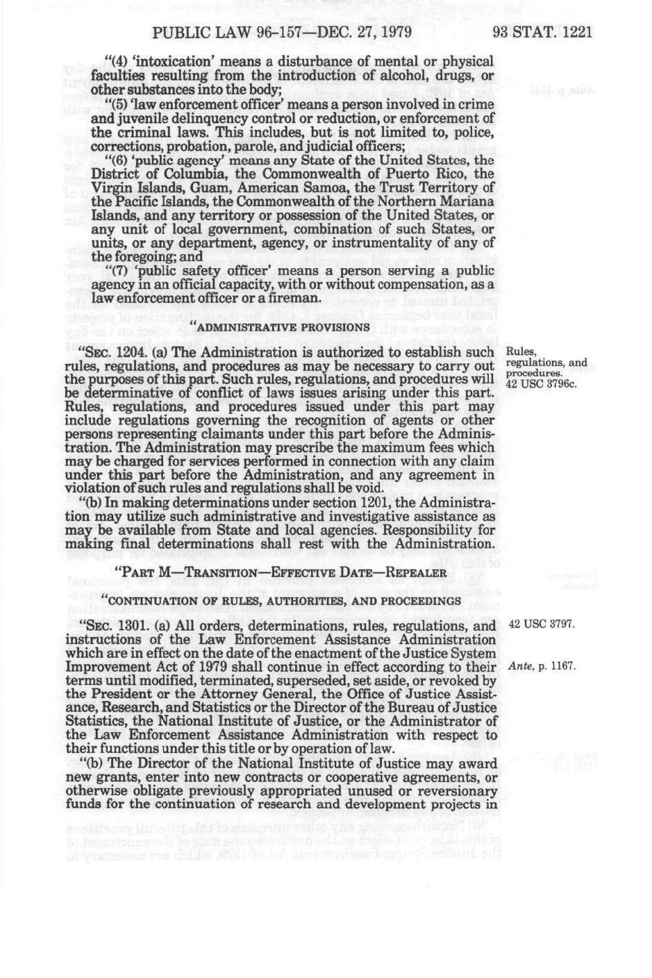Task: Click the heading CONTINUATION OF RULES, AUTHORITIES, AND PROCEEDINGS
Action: (281, 600)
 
